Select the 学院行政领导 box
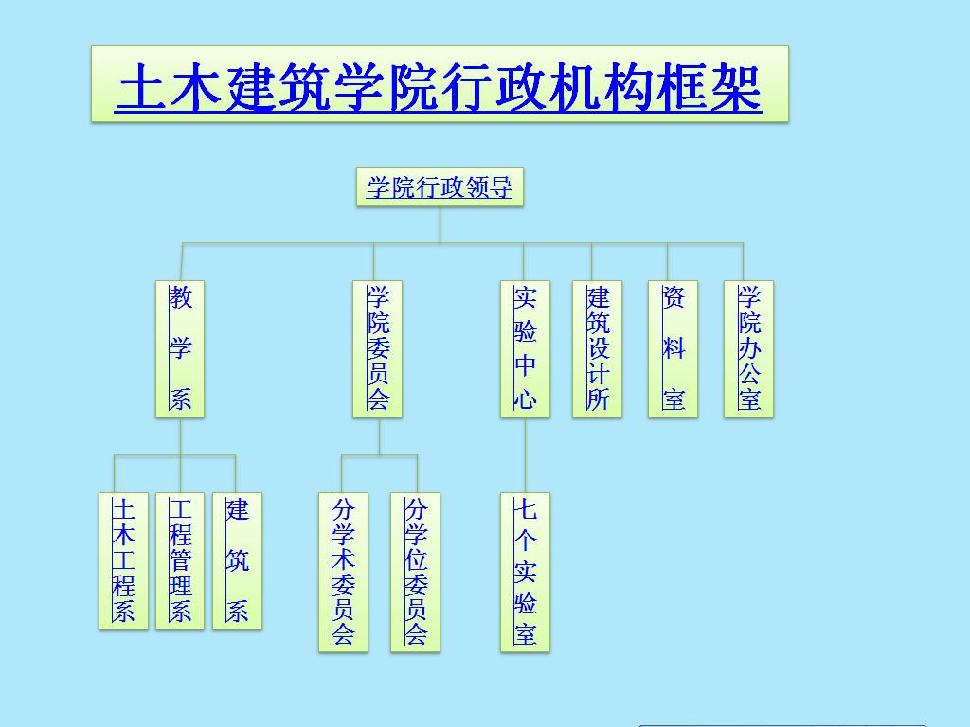click(440, 187)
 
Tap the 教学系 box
click(180, 349)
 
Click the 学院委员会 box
click(377, 349)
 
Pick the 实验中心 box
click(525, 349)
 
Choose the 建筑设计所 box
click(597, 349)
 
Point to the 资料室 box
click(673, 349)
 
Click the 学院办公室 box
click(748, 349)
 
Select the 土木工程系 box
click(123, 561)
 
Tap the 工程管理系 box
click(180, 561)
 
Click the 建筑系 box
click(237, 561)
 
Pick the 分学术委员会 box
click(343, 572)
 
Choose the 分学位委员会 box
click(415, 572)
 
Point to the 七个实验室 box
click(525, 572)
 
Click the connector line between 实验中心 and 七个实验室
click(525, 455)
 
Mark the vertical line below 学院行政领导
click(440, 225)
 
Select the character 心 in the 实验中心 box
click(525, 399)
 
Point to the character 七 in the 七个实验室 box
click(525, 510)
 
